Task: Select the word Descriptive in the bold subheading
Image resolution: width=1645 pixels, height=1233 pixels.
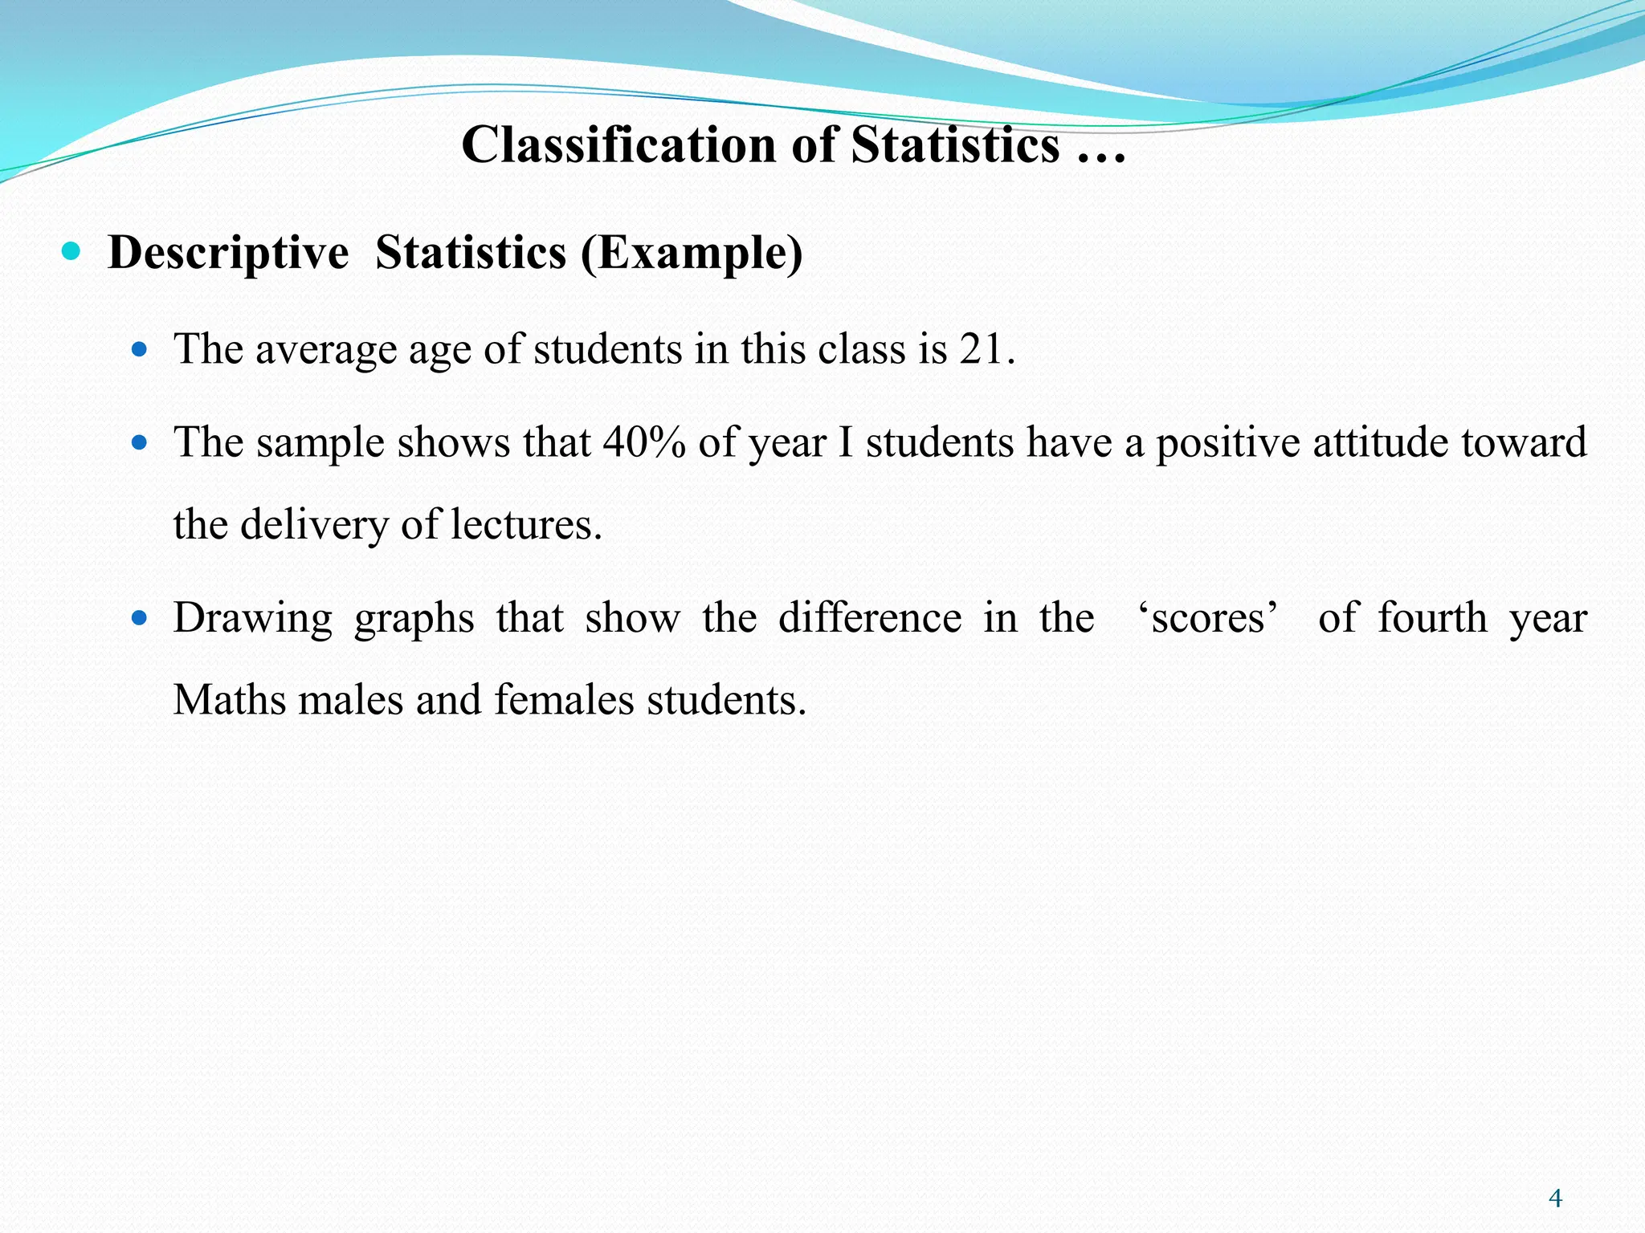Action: (228, 253)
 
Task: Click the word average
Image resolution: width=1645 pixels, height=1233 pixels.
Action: (325, 351)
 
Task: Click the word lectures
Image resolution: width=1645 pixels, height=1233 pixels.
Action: (525, 525)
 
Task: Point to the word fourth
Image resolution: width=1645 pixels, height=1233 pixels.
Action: (1433, 618)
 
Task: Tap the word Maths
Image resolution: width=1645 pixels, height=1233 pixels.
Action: (230, 700)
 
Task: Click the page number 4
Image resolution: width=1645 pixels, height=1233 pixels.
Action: (1555, 1198)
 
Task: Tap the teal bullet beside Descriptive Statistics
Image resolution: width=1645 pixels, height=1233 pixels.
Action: (71, 252)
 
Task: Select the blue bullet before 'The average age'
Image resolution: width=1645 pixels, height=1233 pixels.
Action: (140, 349)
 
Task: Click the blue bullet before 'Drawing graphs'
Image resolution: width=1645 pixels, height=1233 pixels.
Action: (140, 618)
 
